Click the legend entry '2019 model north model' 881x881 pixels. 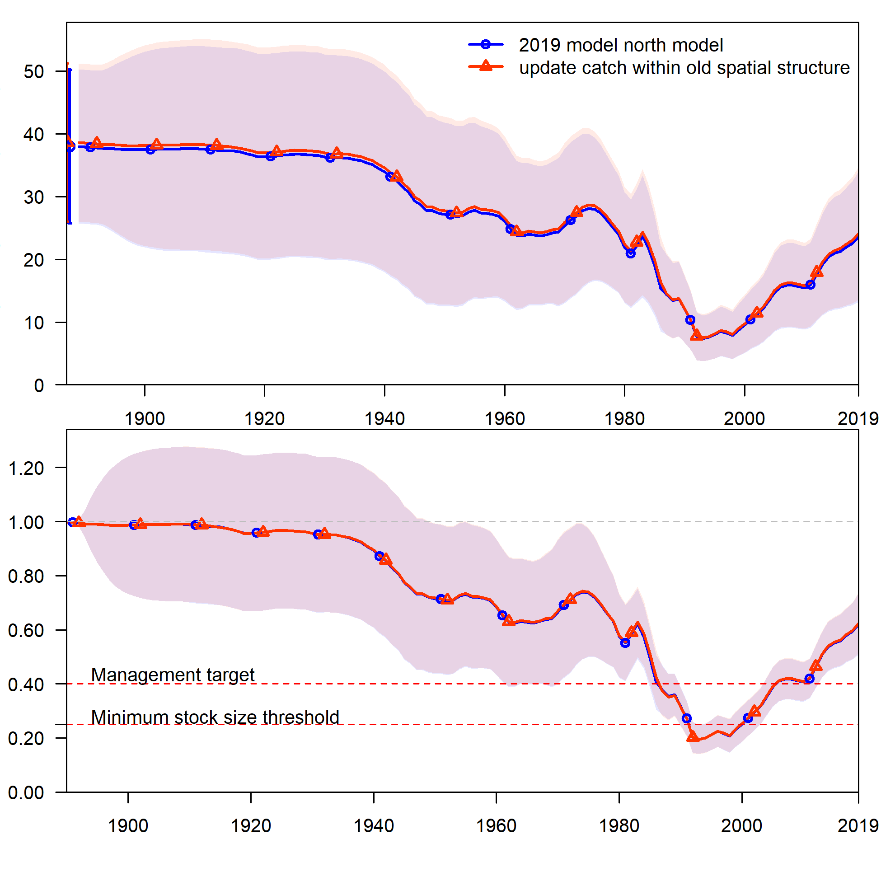coord(621,45)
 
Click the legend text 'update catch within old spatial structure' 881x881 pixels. coord(684,67)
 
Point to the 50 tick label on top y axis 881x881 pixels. coord(34,71)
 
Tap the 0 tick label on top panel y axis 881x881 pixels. coord(39,386)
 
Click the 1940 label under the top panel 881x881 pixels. coord(384,419)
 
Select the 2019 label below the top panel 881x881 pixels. coord(858,419)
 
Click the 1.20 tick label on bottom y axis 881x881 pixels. coord(26,469)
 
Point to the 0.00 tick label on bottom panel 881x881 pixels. coord(26,792)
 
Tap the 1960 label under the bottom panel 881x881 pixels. coord(496,826)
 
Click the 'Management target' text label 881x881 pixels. coord(173,675)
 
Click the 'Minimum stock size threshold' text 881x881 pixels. coord(215,717)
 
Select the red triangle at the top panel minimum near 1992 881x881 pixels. coord(696,336)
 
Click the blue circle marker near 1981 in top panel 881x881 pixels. coord(631,253)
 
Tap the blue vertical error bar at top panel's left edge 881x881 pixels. coord(69,183)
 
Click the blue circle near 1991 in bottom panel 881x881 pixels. coord(687,719)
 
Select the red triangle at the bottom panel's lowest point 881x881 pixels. coord(693,737)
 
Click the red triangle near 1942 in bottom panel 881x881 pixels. coord(385,559)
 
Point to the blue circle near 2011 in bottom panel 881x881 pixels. coord(810,679)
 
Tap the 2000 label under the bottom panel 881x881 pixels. coord(741,826)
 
